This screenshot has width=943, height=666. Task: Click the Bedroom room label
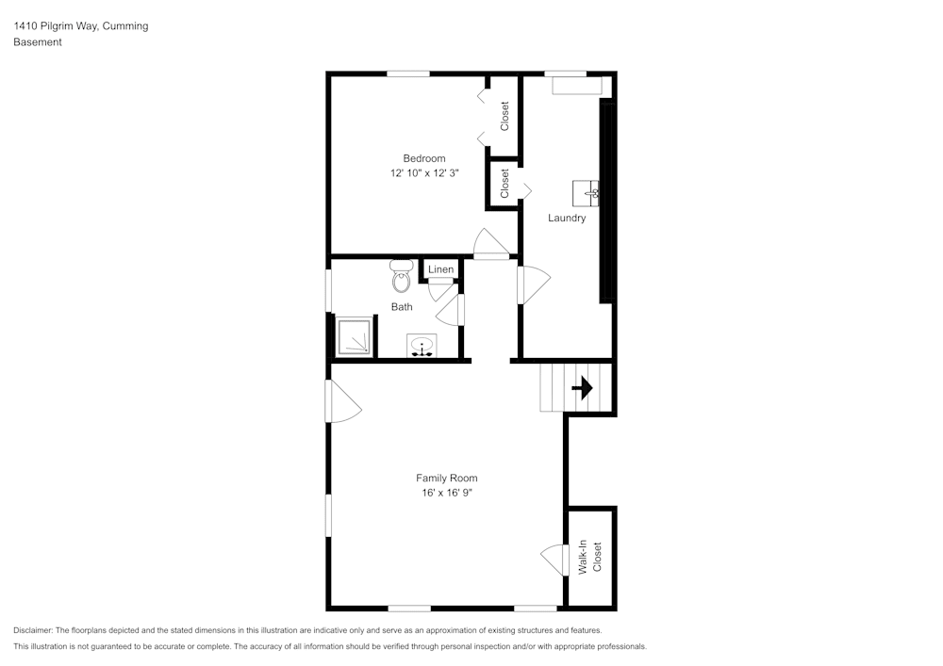point(423,158)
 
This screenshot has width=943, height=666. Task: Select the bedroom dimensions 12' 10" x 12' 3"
point(423,173)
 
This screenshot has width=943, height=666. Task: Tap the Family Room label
point(446,478)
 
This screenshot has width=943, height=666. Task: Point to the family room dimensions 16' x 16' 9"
point(446,493)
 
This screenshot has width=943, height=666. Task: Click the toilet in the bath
point(402,278)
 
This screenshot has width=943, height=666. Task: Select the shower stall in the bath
point(355,337)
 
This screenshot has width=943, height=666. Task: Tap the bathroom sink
point(421,347)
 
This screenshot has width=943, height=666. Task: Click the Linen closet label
point(440,269)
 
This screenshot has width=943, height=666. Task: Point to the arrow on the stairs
point(581,387)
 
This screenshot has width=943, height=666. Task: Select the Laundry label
point(567,218)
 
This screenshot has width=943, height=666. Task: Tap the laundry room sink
point(587,193)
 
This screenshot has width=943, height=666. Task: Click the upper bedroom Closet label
point(505,116)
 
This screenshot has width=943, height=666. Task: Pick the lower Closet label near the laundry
point(505,183)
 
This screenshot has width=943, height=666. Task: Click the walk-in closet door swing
point(553,560)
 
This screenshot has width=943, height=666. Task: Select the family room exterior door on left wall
point(341,402)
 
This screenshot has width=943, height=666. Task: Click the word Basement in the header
point(38,42)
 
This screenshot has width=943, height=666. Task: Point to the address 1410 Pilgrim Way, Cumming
point(80,26)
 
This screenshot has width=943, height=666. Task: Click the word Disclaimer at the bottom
point(33,630)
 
